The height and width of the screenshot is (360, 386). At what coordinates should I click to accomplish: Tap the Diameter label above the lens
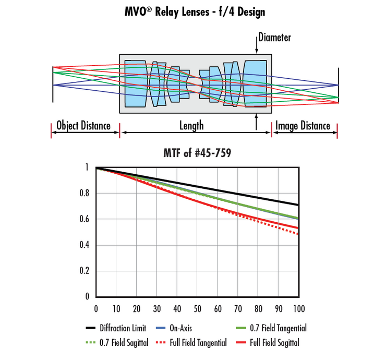[x=274, y=38]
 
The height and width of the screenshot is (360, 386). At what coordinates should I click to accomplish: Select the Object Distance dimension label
[x=83, y=126]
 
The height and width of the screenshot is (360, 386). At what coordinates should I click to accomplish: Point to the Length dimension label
[x=191, y=126]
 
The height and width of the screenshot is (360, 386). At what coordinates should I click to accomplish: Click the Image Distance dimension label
[x=303, y=126]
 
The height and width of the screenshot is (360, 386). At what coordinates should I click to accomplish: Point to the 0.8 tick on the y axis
[x=85, y=194]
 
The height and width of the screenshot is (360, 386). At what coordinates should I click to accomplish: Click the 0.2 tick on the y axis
[x=85, y=271]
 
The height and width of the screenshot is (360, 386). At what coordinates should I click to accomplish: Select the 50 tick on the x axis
[x=198, y=308]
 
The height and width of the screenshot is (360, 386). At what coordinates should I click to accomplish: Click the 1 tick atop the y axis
[x=87, y=167]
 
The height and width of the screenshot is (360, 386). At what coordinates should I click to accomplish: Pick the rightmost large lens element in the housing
[x=255, y=84]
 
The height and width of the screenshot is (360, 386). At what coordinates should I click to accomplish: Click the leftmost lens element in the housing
[x=136, y=84]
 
